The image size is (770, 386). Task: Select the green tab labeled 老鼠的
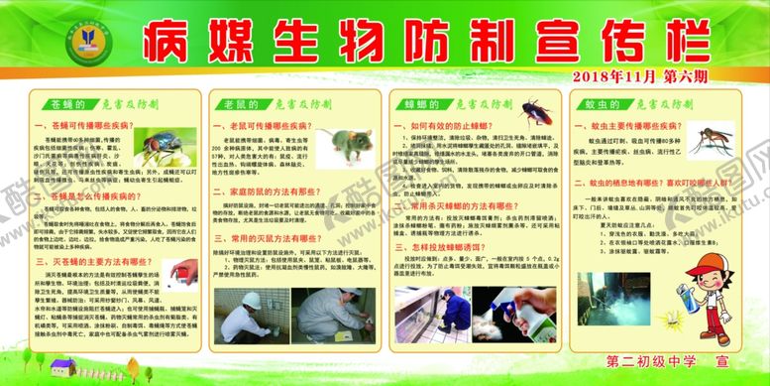coord(238,102)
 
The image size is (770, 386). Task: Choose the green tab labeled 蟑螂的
coord(420,102)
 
